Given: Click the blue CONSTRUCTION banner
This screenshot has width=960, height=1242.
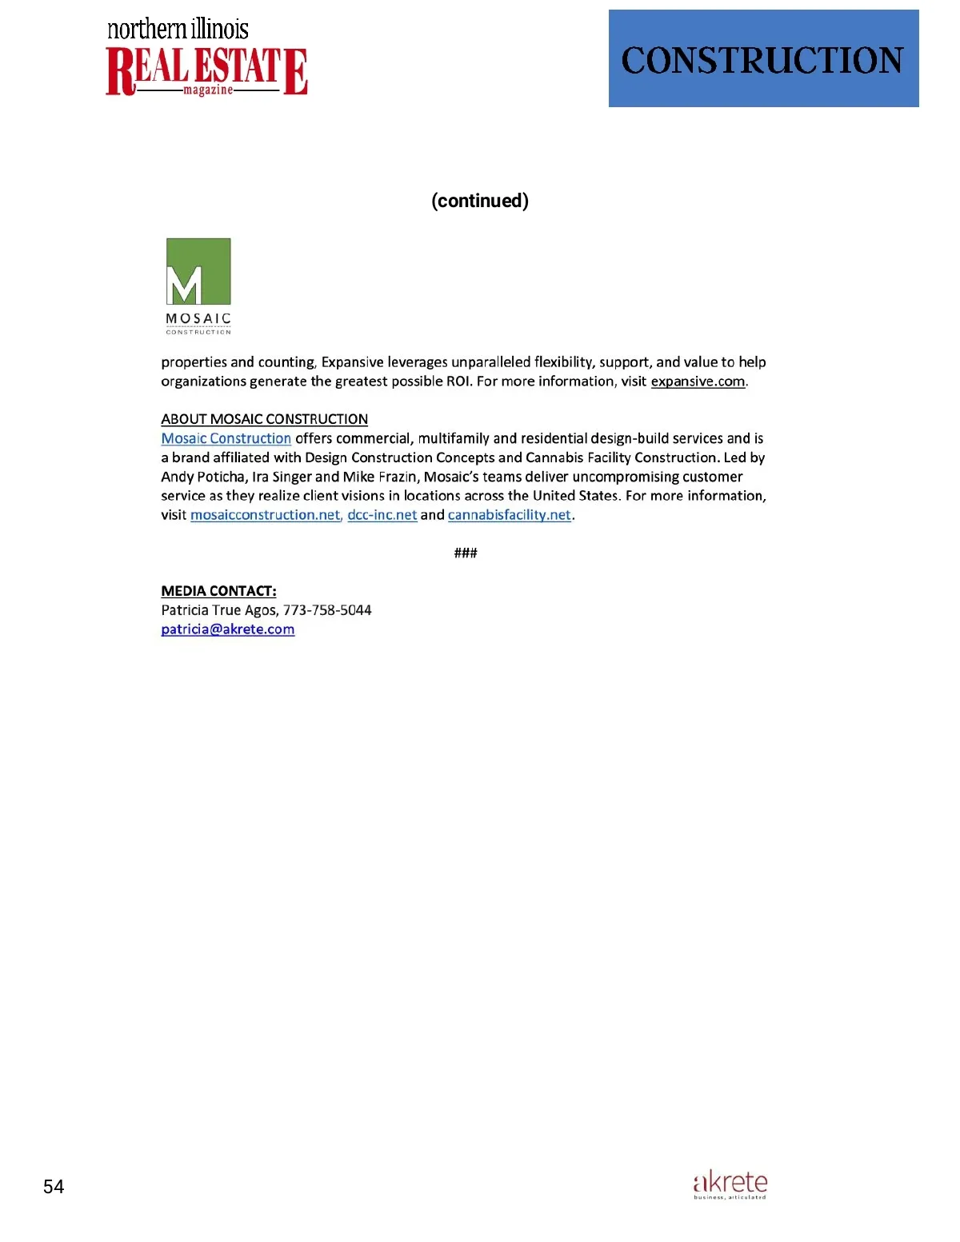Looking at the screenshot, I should (x=763, y=58).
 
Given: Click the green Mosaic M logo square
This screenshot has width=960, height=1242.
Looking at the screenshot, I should (x=198, y=271).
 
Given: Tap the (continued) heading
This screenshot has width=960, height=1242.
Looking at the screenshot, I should (x=480, y=201).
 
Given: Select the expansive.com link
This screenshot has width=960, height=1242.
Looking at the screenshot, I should (x=698, y=381).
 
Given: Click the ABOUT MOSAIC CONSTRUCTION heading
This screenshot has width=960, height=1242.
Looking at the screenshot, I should (x=264, y=419).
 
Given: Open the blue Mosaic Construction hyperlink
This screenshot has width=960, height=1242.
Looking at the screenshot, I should (x=226, y=438).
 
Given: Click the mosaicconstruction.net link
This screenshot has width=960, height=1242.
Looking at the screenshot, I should (x=265, y=515).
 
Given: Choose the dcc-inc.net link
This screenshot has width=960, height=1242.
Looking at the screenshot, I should (x=382, y=515).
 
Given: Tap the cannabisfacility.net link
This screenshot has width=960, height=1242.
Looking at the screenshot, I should (x=510, y=515).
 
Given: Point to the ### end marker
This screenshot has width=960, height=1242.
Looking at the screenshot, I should (x=466, y=553).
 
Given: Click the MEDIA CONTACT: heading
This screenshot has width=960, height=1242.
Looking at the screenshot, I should (x=218, y=591).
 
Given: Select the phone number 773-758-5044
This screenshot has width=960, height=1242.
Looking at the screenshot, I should (x=327, y=610).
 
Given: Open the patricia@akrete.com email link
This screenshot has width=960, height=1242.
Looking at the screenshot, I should (x=228, y=629).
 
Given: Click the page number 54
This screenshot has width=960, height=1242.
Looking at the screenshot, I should (x=54, y=1187).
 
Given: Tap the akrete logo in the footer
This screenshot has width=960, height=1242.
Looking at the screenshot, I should (x=730, y=1184).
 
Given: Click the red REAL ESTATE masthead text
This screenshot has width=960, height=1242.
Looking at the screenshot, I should (x=206, y=70).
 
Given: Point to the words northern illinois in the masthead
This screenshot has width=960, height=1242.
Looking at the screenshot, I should (x=178, y=29).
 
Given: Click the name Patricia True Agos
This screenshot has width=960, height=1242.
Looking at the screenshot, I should (x=219, y=610).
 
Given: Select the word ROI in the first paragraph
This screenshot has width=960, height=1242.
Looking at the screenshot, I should (x=458, y=381).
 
